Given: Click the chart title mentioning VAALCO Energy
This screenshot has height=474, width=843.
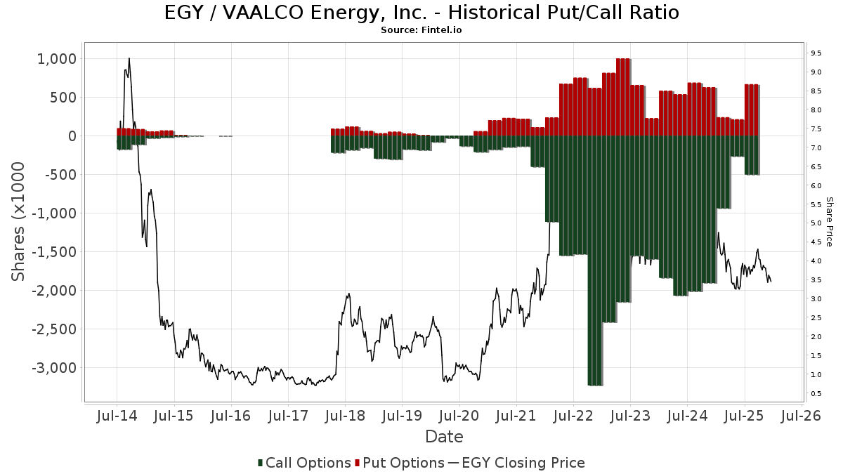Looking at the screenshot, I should point(421,13).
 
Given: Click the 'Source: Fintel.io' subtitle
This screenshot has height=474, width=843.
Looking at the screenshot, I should point(421,30).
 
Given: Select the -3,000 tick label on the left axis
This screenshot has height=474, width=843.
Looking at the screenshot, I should point(51,367).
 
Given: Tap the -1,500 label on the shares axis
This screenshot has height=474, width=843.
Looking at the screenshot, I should point(51,251).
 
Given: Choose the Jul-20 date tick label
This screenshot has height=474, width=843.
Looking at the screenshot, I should point(459,416).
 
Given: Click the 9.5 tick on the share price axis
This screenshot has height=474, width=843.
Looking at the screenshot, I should point(816,53).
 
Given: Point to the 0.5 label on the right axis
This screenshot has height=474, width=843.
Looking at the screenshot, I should point(816,393).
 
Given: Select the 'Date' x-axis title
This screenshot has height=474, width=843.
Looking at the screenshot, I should point(444,437).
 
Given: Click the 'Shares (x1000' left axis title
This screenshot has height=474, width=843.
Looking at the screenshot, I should point(19,221).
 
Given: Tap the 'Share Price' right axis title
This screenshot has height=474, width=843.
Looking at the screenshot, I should point(830,221).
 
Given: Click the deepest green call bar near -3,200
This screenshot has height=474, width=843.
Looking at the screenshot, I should point(595,281).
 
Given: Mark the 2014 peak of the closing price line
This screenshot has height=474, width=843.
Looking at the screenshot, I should point(129,59).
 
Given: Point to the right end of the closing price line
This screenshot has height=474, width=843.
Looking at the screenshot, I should point(771,282).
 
